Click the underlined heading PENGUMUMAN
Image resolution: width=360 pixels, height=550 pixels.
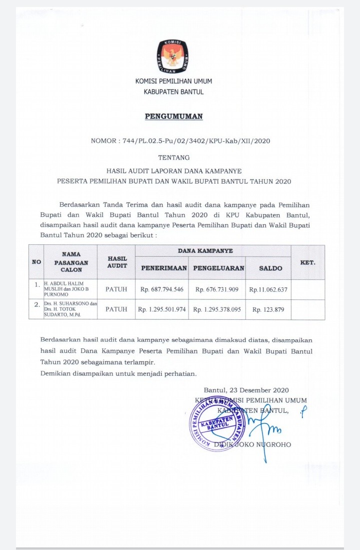click(x=173, y=117)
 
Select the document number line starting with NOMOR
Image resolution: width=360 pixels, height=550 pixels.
click(x=180, y=141)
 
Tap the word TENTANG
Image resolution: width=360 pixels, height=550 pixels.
click(x=173, y=158)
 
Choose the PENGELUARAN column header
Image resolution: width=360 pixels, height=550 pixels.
click(x=218, y=268)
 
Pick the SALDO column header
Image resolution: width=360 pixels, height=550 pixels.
click(x=270, y=268)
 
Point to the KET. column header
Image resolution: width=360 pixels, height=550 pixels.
click(x=307, y=262)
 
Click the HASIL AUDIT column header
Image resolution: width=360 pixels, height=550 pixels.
click(x=117, y=262)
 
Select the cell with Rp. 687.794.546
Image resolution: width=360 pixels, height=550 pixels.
click(x=162, y=289)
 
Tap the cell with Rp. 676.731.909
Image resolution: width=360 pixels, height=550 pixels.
click(x=217, y=289)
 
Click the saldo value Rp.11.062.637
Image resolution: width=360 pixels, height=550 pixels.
click(x=268, y=289)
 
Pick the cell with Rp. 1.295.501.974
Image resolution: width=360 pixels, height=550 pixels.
click(x=162, y=310)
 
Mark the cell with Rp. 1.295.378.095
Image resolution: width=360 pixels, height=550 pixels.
click(x=217, y=310)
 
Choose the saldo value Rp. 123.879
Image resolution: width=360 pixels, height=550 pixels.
click(x=268, y=310)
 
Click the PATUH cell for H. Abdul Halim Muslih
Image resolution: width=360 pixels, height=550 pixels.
click(x=116, y=289)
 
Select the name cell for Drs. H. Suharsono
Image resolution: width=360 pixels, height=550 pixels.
click(x=70, y=309)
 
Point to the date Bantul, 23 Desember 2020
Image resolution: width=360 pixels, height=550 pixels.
click(x=246, y=390)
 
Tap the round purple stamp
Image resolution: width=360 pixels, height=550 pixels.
click(x=217, y=423)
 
